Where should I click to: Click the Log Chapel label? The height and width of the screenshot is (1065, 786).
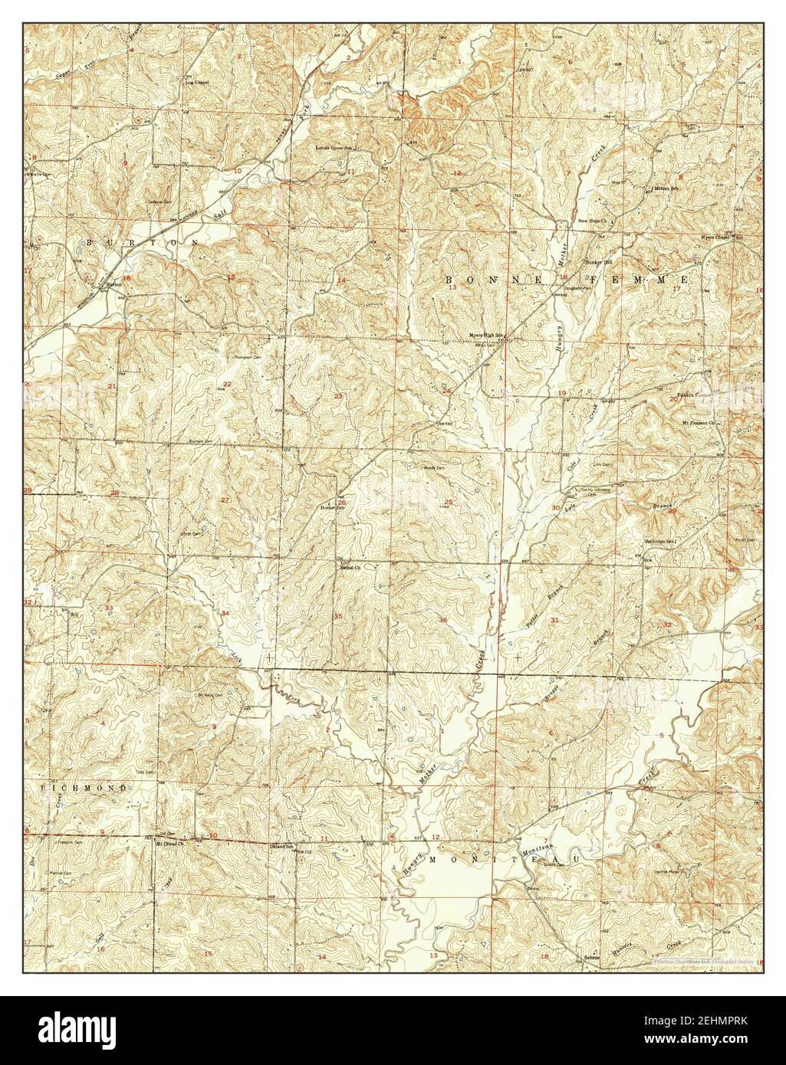point(197,82)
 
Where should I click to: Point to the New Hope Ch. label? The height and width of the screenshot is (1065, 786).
point(593,221)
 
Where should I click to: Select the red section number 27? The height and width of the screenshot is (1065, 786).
point(225,500)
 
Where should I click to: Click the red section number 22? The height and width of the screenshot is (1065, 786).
point(227,384)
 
